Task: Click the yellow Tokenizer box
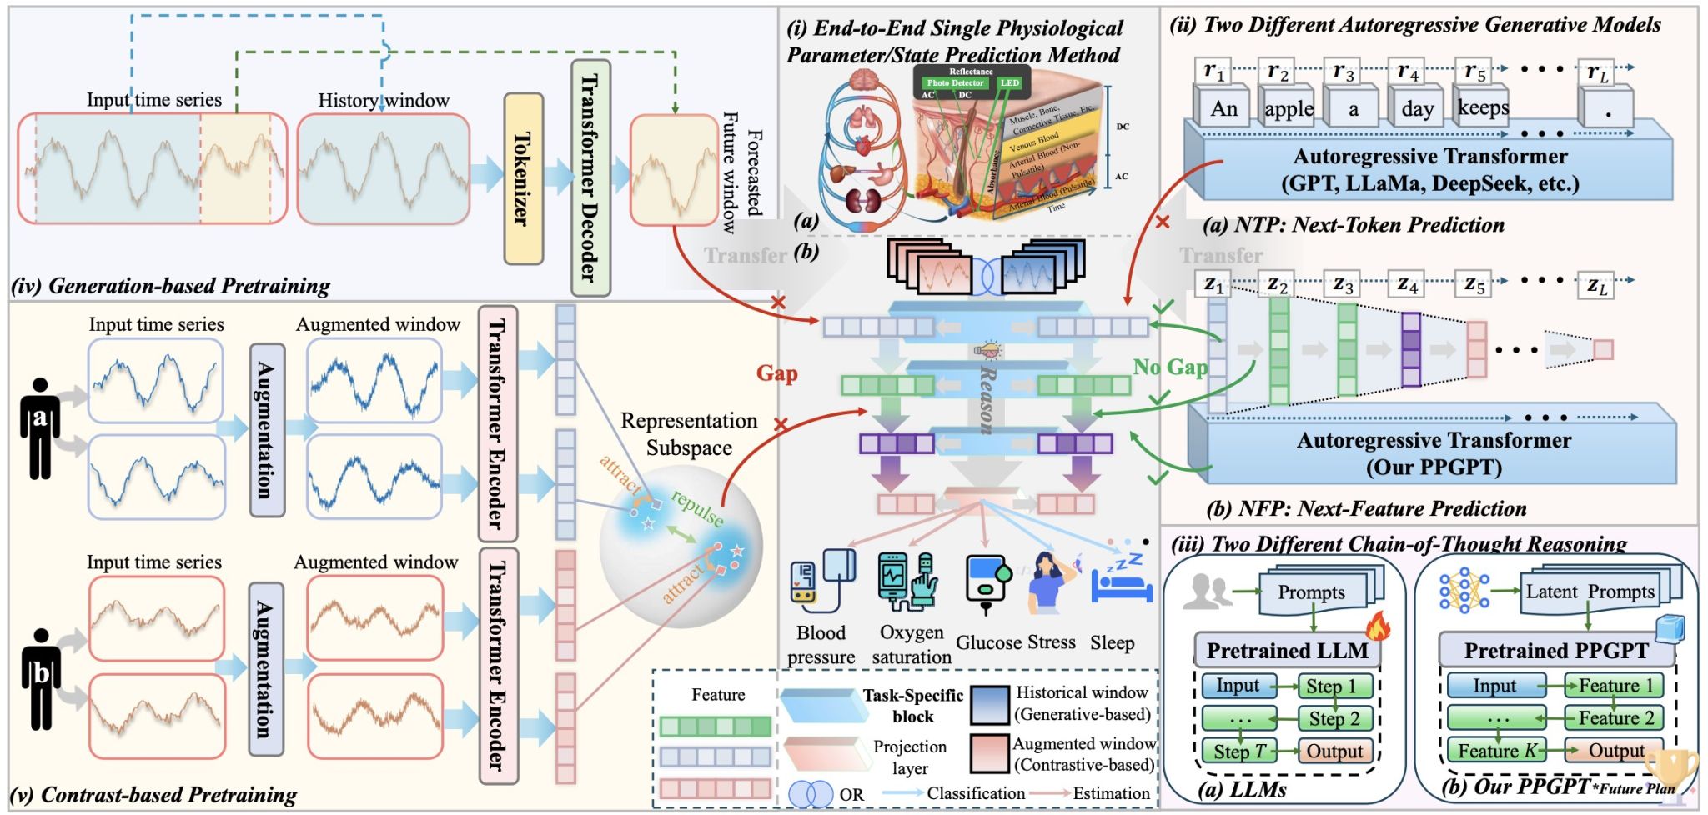pos(524,178)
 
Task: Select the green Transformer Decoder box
pos(590,177)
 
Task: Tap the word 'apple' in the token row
pos(1289,109)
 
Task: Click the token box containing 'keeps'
pos(1483,107)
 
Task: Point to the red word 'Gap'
pos(776,373)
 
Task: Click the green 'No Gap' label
pos(1170,367)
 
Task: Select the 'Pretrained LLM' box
pos(1287,651)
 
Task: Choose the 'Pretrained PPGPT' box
pos(1556,651)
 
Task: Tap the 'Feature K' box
pos(1496,751)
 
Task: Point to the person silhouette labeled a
pos(39,428)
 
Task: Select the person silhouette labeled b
pos(40,677)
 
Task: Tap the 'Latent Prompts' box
pos(1590,592)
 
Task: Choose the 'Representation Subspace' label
pos(689,434)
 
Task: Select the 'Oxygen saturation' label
pos(912,645)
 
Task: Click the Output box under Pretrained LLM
pos(1334,752)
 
